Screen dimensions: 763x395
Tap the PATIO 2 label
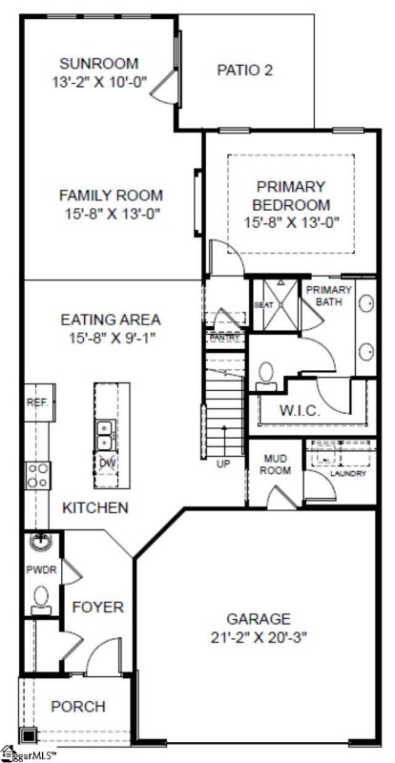(245, 69)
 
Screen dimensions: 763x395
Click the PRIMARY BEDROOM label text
(290, 196)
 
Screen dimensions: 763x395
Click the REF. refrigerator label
(37, 403)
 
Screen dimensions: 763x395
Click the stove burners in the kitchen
(37, 475)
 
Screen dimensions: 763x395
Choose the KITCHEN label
(94, 508)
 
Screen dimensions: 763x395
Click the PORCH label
(77, 707)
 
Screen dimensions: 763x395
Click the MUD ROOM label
(275, 464)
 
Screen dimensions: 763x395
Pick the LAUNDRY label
(348, 473)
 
